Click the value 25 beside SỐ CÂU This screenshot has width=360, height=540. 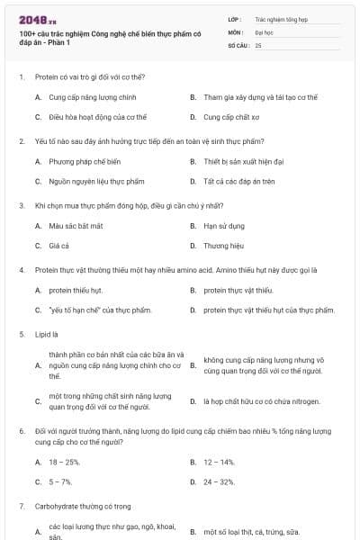point(258,44)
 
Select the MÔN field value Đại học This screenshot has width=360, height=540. point(264,31)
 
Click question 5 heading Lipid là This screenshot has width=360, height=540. point(46,334)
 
